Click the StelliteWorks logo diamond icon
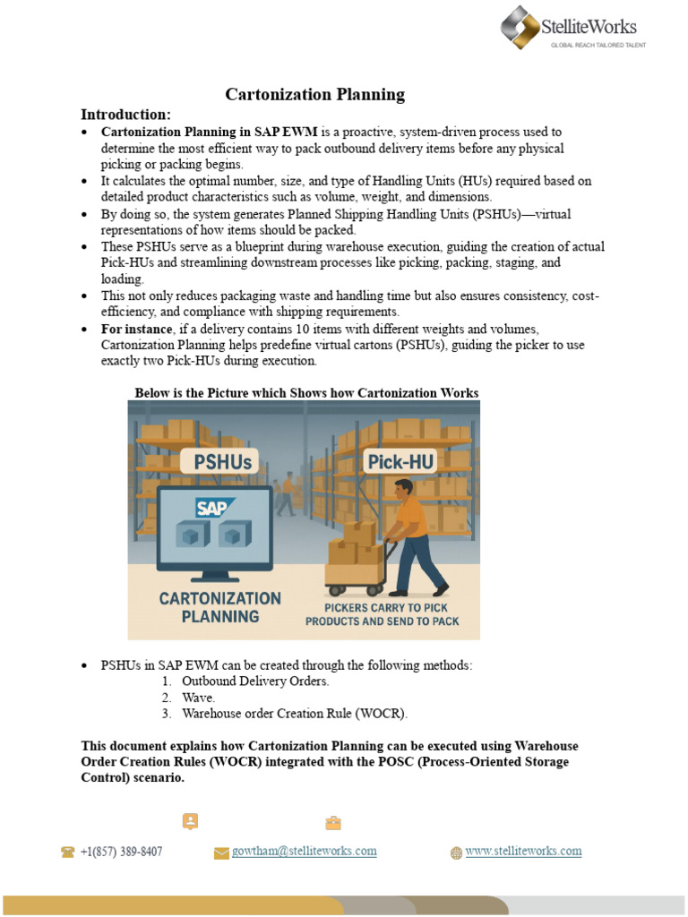point(520,27)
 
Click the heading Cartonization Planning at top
point(314,94)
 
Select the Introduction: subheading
point(125,114)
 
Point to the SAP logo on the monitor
point(213,508)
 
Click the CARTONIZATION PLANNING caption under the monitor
point(208,607)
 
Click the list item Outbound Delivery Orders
point(255,681)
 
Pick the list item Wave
point(199,697)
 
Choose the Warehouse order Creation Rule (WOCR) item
point(294,713)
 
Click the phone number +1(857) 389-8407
point(121,851)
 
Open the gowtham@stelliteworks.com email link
point(305,851)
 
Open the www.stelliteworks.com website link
point(523,851)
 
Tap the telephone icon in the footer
point(67,853)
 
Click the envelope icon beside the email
point(221,853)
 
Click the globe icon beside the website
point(456,853)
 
